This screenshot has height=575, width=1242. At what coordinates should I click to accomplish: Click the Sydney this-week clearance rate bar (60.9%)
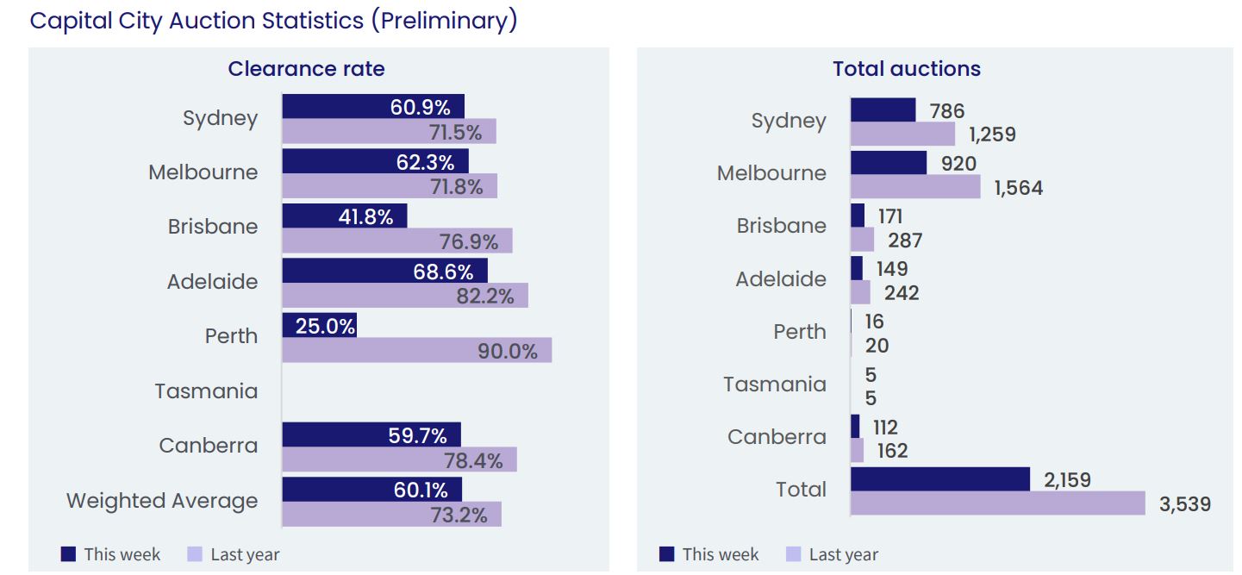click(372, 107)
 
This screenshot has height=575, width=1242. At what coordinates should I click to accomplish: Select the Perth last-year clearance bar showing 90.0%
click(416, 351)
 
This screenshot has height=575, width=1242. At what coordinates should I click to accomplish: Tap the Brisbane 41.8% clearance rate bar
click(344, 216)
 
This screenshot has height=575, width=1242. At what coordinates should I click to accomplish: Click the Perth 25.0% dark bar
click(319, 326)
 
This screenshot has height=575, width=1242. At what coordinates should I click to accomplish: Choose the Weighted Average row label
click(162, 501)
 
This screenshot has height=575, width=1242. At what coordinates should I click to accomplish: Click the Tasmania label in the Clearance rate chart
click(206, 391)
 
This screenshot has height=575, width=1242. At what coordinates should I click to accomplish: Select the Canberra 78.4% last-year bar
click(399, 459)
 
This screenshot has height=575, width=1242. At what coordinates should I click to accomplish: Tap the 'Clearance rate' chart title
click(306, 69)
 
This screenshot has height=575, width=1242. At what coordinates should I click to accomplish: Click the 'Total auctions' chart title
click(907, 69)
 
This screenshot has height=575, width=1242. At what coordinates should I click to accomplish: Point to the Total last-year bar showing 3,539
click(997, 503)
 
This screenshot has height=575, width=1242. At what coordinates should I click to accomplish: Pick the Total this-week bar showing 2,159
click(939, 479)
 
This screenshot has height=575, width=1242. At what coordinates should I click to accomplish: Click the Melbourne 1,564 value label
click(1018, 188)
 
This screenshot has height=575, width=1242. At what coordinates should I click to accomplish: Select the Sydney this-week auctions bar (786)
click(883, 110)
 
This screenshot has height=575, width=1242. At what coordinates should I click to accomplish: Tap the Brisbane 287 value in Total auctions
click(905, 241)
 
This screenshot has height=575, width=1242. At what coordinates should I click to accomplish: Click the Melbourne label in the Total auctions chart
click(771, 173)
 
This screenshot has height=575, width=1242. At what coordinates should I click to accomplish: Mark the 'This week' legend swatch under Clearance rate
click(69, 554)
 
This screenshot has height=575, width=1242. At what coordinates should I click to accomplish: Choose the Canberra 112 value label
click(885, 428)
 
